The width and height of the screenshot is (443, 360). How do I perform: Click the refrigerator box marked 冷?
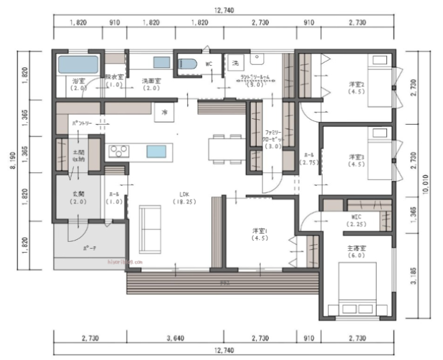(164, 111)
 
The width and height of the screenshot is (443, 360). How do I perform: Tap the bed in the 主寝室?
(352, 288)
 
